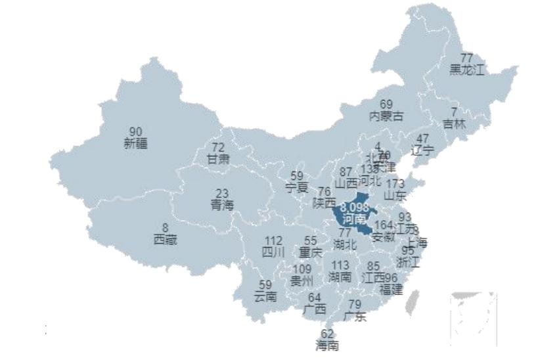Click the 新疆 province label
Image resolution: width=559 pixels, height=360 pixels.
click(x=135, y=144)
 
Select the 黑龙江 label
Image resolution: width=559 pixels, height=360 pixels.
click(x=467, y=69)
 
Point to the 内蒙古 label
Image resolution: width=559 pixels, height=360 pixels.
click(x=386, y=116)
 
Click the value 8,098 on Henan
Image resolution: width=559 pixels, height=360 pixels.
click(x=354, y=208)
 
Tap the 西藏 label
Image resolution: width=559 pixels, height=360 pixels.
click(x=165, y=240)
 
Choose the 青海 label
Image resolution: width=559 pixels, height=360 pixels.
click(x=222, y=205)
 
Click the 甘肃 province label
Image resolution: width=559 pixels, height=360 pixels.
click(x=218, y=158)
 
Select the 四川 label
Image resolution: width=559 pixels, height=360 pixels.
click(x=273, y=252)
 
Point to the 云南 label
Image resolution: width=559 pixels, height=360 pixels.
click(x=265, y=296)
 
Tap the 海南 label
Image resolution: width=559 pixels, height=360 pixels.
click(x=327, y=344)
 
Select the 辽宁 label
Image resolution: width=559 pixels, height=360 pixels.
click(x=422, y=150)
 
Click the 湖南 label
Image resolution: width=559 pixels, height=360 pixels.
click(x=340, y=277)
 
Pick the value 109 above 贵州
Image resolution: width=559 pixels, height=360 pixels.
click(x=302, y=270)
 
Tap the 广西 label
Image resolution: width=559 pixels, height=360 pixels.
click(x=315, y=309)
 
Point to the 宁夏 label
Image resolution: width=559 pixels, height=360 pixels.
click(x=297, y=187)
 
